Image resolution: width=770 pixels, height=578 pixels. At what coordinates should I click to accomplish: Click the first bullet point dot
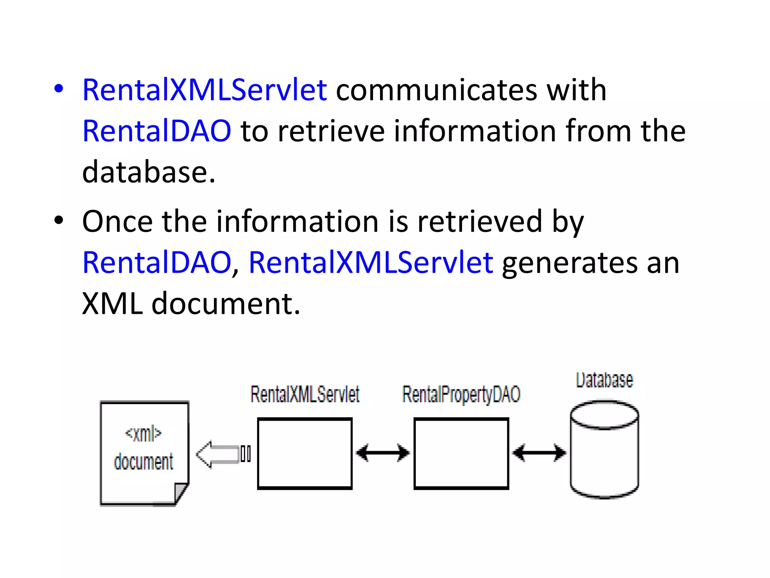pyautogui.click(x=59, y=89)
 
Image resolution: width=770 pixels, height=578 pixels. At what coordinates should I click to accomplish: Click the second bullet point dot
pyautogui.click(x=59, y=221)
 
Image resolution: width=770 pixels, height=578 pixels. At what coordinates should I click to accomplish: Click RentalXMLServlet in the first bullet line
pyautogui.click(x=204, y=90)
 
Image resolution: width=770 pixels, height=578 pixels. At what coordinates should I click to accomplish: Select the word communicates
pyautogui.click(x=436, y=90)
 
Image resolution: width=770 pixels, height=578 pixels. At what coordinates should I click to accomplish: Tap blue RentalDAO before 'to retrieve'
pyautogui.click(x=156, y=131)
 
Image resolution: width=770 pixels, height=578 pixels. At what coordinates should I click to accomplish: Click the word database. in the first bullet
pyautogui.click(x=149, y=172)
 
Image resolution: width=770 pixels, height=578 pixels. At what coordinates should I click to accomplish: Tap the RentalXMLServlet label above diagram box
pyautogui.click(x=305, y=394)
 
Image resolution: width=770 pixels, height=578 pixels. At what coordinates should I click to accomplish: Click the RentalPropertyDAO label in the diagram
pyautogui.click(x=461, y=394)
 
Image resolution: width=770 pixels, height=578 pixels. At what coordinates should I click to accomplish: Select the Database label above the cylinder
pyautogui.click(x=604, y=380)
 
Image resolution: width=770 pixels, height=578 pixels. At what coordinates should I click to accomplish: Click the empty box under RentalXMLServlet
pyautogui.click(x=305, y=453)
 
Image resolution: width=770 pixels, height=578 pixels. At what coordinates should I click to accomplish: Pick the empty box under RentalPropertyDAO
pyautogui.click(x=461, y=453)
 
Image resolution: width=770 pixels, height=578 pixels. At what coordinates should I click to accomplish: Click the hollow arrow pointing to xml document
pyautogui.click(x=218, y=454)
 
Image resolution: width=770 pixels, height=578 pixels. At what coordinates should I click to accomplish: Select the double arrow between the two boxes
pyautogui.click(x=383, y=453)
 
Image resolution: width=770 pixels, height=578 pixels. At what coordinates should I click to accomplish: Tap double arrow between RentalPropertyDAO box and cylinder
pyautogui.click(x=539, y=453)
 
